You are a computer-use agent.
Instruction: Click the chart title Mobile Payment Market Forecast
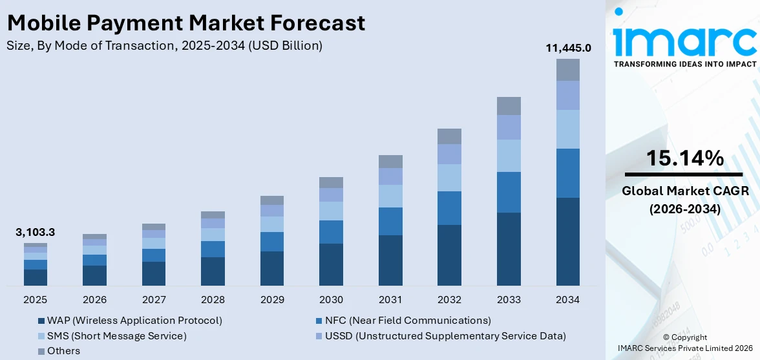[186, 23]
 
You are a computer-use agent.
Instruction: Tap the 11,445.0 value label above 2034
[568, 48]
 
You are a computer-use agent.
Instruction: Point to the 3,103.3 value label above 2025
[36, 232]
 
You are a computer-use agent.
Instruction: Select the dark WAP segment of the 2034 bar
[568, 241]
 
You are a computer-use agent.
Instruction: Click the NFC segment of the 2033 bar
[509, 192]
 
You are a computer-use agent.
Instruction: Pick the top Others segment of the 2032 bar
[449, 136]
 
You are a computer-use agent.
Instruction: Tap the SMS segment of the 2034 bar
[568, 129]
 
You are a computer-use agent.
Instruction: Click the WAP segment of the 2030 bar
[331, 264]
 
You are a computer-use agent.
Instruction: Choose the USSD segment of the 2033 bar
[509, 127]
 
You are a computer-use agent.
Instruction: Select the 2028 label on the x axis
[213, 300]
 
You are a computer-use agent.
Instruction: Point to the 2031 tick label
[390, 300]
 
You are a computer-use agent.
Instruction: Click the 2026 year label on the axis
[94, 300]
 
